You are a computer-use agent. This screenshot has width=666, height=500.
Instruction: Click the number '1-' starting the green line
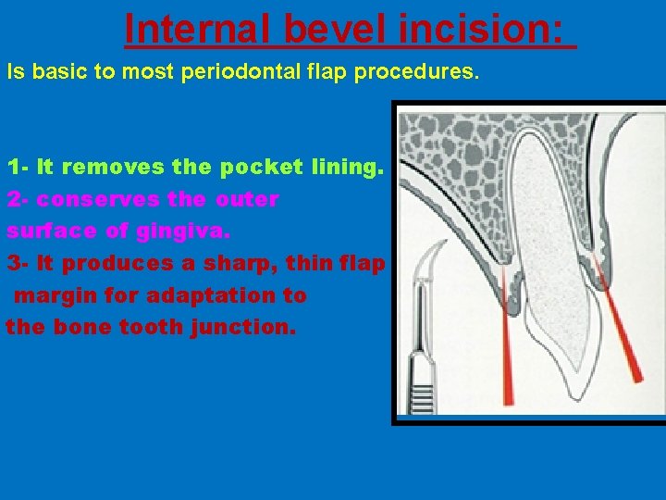point(18,168)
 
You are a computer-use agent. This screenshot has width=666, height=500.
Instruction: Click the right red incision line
point(620,324)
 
